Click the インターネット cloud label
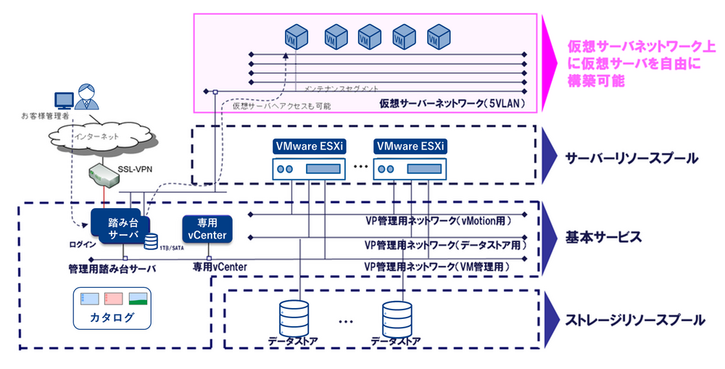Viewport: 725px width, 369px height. click(96, 135)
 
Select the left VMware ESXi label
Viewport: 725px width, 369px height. click(308, 146)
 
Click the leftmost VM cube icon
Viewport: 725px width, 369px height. click(294, 36)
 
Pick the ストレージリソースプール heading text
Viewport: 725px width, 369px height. click(636, 319)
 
